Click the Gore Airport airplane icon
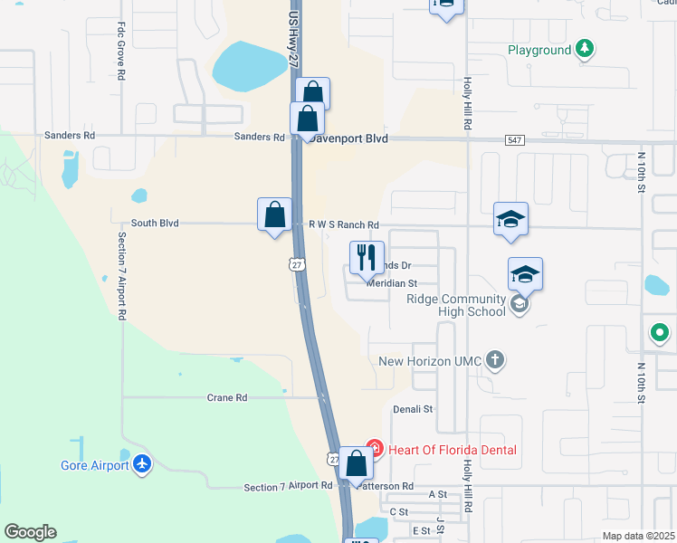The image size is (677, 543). [x=141, y=464]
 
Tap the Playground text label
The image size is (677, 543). [x=539, y=50]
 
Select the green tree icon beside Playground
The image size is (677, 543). [x=586, y=49]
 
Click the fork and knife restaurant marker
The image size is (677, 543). [x=367, y=257]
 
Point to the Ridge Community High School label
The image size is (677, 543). [x=455, y=306]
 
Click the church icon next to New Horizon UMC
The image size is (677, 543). [x=494, y=360]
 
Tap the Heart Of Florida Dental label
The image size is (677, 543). [x=452, y=450]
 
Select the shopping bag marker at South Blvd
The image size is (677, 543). [x=274, y=215]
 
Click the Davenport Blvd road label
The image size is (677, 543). [x=348, y=138]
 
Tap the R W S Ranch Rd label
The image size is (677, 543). [x=343, y=224]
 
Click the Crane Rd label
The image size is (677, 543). [x=227, y=397]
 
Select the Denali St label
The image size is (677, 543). [x=413, y=409]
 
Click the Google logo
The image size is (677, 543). [x=30, y=532]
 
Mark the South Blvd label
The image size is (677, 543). [x=155, y=223]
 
